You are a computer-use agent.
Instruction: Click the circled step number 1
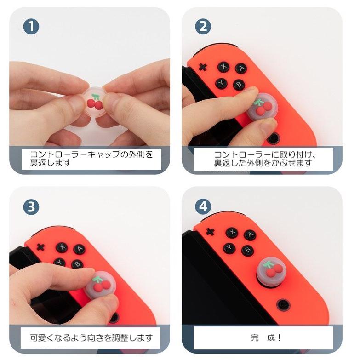(x=31, y=27)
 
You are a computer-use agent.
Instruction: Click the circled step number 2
(x=203, y=27)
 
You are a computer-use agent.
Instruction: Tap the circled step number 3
(x=31, y=207)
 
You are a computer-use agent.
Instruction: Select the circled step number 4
(x=203, y=206)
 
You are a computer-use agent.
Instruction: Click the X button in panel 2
(x=223, y=67)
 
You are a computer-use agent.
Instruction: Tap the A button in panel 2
(x=241, y=69)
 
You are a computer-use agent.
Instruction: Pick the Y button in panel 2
(x=222, y=83)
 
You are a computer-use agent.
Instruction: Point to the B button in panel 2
(x=239, y=85)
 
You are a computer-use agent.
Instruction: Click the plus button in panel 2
(x=202, y=67)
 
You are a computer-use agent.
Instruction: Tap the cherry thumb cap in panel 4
(x=271, y=272)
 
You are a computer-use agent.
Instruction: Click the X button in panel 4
(x=232, y=232)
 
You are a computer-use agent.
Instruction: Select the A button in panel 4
(x=250, y=234)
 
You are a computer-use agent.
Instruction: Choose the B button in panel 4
(x=247, y=250)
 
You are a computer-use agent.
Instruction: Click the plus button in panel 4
(x=210, y=232)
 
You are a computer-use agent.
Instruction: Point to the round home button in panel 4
(x=283, y=305)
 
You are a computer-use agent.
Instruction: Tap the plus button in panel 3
(x=41, y=247)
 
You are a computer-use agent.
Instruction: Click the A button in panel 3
(x=80, y=250)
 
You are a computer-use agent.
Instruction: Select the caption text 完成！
(x=266, y=338)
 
